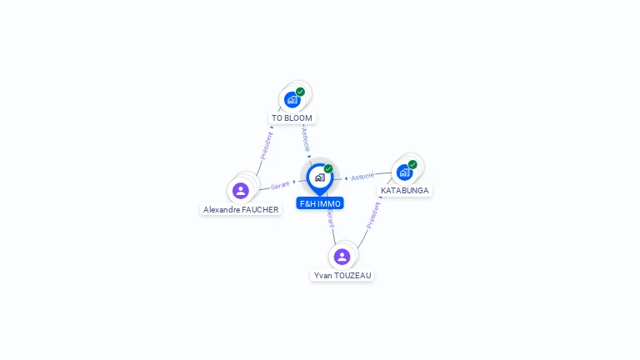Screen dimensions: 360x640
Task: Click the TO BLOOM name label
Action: [292, 118]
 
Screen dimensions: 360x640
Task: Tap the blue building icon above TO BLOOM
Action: [292, 100]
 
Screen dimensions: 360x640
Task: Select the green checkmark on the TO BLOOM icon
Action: [300, 92]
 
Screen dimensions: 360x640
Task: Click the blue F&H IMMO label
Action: [319, 203]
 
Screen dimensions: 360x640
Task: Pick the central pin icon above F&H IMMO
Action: [319, 177]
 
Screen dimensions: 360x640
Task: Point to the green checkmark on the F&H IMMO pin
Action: [328, 169]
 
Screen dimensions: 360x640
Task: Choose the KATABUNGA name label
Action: [405, 191]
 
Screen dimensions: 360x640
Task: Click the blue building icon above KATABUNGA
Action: [404, 172]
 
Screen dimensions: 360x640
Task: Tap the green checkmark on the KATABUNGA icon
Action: [412, 164]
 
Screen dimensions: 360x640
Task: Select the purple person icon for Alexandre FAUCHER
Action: [241, 191]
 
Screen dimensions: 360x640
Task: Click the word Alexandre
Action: [220, 210]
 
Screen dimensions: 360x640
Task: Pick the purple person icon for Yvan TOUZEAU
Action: [342, 257]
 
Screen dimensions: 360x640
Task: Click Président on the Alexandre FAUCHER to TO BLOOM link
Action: [267, 145]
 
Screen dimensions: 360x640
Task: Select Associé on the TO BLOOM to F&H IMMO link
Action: [306, 138]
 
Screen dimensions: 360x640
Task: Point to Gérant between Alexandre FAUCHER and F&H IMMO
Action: [280, 185]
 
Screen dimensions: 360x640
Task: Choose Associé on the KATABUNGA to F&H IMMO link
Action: [362, 177]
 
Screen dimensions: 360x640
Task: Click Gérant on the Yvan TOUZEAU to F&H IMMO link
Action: [331, 219]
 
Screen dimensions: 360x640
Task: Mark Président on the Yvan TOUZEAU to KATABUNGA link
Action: [373, 215]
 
